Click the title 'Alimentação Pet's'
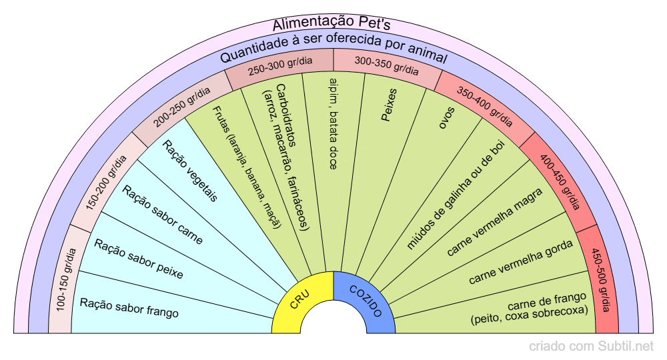(x=331, y=25)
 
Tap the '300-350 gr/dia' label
(x=387, y=65)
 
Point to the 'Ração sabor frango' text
(x=129, y=307)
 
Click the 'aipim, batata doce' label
(x=333, y=123)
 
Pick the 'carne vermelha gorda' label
(x=521, y=262)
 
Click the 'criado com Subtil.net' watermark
(x=592, y=347)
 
